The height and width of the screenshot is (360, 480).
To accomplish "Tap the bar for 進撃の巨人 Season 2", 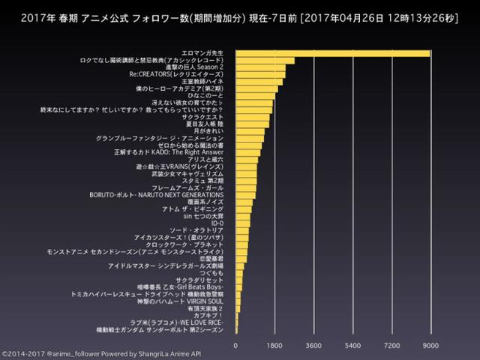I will pyautogui.click(x=262, y=67).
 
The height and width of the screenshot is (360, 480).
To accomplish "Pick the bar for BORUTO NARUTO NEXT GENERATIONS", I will pyautogui.click(x=245, y=195).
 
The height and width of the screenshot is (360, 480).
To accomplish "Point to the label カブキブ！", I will pyautogui.click(x=210, y=315).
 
